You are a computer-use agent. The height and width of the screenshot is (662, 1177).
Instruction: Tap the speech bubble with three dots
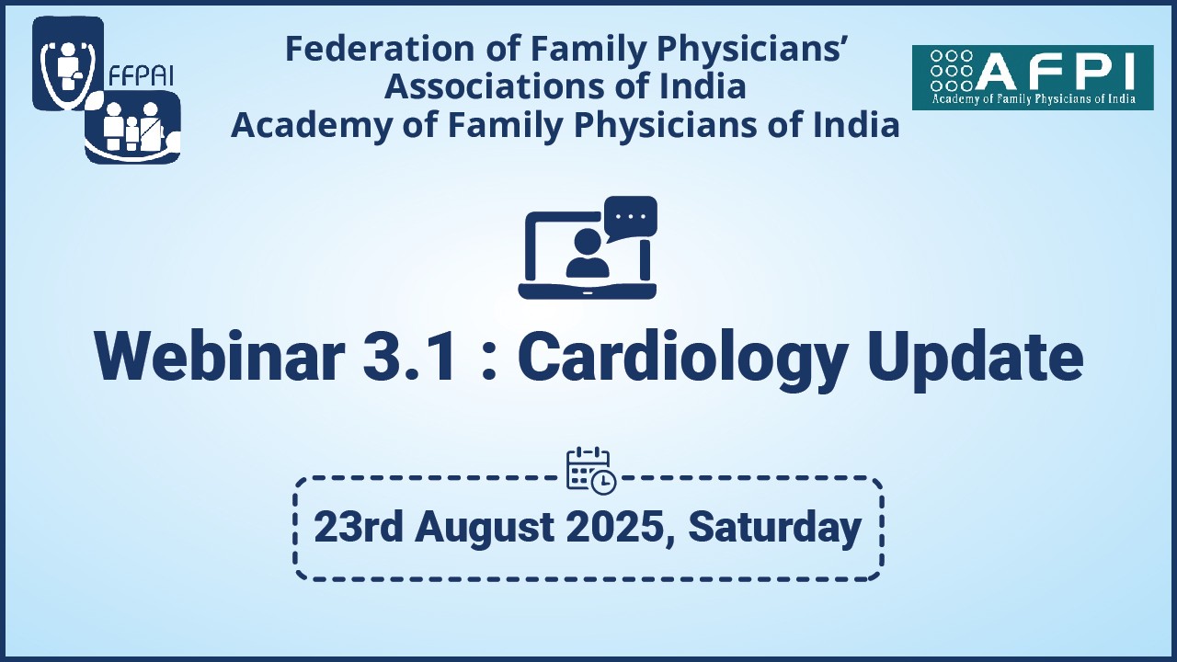coord(630,218)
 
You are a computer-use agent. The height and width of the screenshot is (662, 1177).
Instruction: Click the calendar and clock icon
coord(590,470)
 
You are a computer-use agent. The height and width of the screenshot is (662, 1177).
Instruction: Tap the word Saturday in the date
coord(774,528)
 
